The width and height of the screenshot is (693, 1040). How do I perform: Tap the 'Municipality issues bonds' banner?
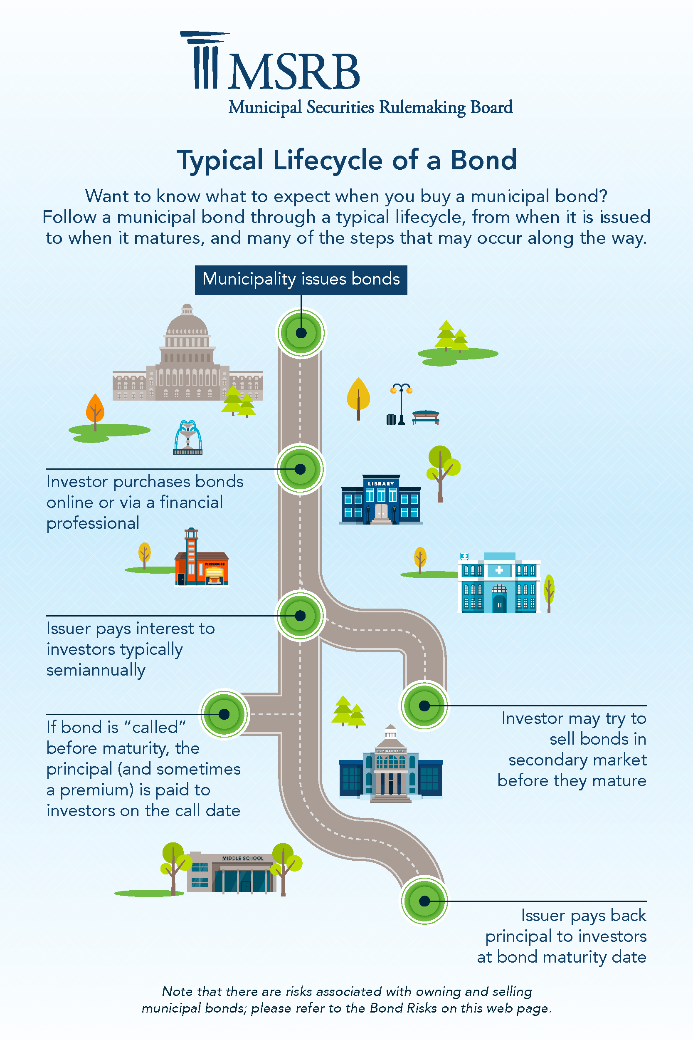(301, 280)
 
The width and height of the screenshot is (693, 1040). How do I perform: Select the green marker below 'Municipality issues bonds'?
(301, 333)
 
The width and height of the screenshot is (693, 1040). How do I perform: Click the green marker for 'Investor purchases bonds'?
(300, 469)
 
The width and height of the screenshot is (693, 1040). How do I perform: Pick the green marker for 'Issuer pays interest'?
(300, 616)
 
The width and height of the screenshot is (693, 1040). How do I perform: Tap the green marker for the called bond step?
(224, 714)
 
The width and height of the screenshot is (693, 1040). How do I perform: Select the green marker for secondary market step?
(424, 706)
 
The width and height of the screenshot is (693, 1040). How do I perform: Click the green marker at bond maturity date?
(424, 901)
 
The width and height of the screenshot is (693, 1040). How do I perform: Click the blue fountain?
(188, 437)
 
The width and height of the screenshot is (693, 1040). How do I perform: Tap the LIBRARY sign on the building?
(381, 484)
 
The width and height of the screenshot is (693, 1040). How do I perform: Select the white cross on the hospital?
(499, 570)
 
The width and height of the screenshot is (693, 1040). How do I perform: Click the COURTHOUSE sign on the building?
(390, 751)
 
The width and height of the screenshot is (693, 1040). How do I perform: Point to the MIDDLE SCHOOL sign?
(243, 858)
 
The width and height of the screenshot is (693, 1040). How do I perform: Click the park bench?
(426, 417)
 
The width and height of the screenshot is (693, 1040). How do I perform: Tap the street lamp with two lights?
(401, 404)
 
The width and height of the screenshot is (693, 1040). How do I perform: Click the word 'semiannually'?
(96, 671)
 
